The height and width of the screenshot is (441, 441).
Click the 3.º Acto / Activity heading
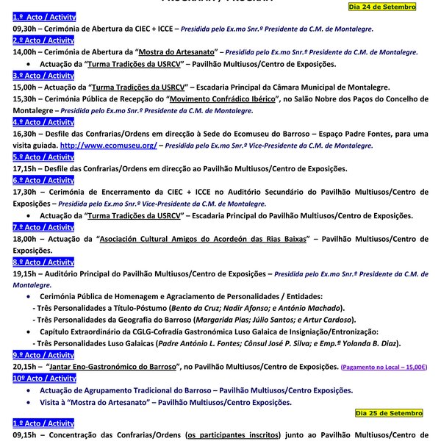pyautogui.click(x=43, y=76)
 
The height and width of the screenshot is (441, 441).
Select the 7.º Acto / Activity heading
pyautogui.click(x=43, y=227)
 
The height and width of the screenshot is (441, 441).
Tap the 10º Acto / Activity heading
pyautogui.click(x=45, y=379)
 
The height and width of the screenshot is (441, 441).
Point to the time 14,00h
pyautogui.click(x=28, y=53)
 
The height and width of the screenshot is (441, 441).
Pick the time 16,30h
pyautogui.click(x=28, y=134)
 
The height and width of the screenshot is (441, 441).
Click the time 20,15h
pyautogui.click(x=28, y=367)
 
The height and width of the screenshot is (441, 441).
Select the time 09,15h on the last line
pyautogui.click(x=28, y=435)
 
